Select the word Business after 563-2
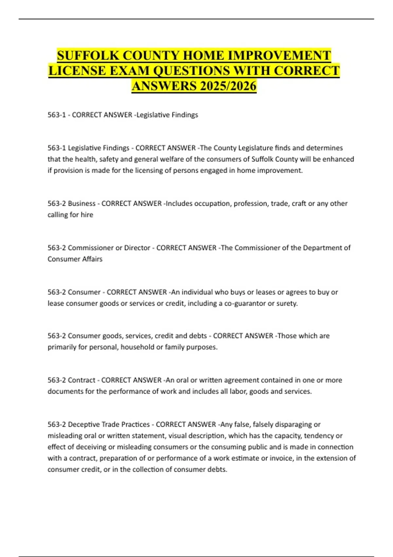click(82, 203)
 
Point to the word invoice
click(281, 458)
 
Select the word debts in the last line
click(217, 470)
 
